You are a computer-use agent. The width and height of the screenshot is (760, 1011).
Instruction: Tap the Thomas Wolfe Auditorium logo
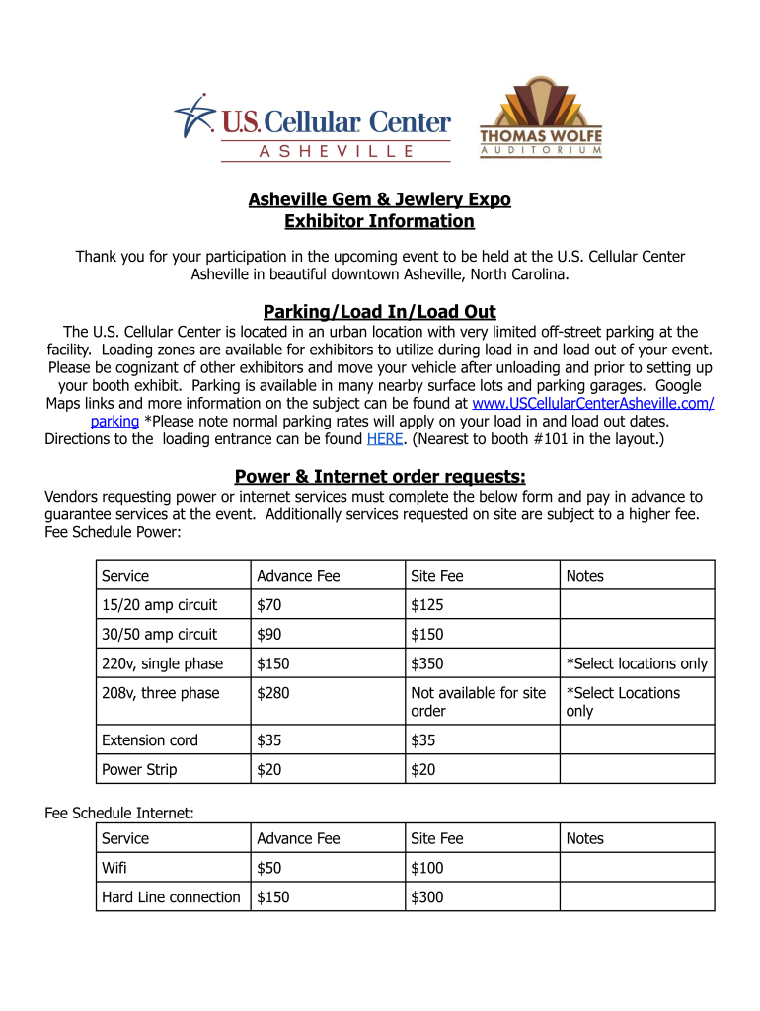(x=540, y=118)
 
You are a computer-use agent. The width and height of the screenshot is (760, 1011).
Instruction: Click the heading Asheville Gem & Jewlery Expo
(x=379, y=199)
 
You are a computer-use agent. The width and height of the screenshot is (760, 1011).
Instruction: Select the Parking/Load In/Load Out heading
(x=379, y=312)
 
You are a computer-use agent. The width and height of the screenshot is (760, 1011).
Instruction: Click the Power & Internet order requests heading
(x=379, y=477)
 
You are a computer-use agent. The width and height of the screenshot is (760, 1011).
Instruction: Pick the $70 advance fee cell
(x=267, y=604)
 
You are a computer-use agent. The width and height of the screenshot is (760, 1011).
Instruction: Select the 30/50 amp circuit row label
(x=159, y=634)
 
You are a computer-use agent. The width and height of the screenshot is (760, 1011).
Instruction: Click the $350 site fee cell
(x=427, y=663)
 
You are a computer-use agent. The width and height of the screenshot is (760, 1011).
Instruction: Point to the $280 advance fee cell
(x=273, y=693)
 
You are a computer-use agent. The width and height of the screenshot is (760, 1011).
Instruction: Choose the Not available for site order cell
(x=478, y=702)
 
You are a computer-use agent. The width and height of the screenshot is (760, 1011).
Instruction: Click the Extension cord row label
(x=150, y=740)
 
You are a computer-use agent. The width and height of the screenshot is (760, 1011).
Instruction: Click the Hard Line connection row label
(x=171, y=897)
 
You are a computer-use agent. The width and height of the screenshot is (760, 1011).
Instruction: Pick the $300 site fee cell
(x=427, y=897)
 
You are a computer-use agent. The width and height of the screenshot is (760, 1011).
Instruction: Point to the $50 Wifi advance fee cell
(x=267, y=868)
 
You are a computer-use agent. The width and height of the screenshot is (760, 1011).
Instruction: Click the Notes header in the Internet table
(x=584, y=838)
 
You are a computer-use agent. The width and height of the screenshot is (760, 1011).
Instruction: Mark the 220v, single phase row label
(x=162, y=663)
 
